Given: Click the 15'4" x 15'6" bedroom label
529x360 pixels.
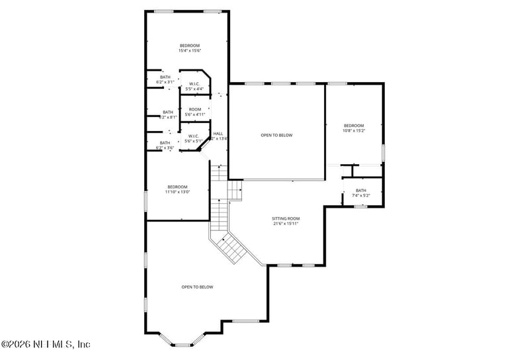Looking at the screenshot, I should (189, 48).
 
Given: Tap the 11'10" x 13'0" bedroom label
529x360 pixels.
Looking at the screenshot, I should (178, 189).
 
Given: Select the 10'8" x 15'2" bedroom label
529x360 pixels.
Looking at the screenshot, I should (354, 128).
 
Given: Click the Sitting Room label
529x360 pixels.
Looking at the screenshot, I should (286, 218).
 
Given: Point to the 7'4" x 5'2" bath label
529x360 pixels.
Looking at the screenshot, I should (361, 193).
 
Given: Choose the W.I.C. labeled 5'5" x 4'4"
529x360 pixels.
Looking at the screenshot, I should (194, 86).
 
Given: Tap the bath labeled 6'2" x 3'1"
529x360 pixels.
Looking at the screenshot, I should (165, 79).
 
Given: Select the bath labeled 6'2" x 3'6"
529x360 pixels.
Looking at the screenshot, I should (165, 145).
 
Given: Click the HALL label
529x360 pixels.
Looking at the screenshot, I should (218, 136).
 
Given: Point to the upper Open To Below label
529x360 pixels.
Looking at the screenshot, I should (276, 135).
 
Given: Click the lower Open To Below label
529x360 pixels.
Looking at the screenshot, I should (197, 287).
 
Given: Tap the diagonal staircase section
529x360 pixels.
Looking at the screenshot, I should (233, 248).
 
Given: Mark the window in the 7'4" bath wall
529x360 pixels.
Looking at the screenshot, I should (360, 206).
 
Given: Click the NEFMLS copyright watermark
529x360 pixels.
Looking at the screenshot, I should (46, 344).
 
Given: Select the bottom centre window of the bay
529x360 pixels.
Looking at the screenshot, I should (183, 344).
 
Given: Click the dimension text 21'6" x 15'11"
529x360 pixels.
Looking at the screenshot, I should (286, 224).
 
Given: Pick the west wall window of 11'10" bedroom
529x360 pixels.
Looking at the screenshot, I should (146, 201).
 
